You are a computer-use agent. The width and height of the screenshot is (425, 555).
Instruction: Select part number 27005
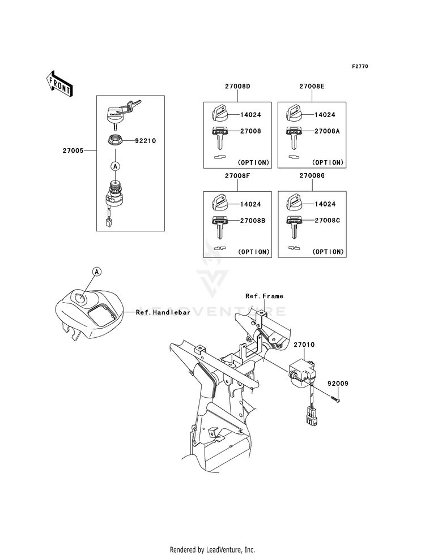(74, 151)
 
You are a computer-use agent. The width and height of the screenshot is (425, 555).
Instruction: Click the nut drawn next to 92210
(116, 140)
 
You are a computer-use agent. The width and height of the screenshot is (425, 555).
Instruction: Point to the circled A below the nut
(115, 166)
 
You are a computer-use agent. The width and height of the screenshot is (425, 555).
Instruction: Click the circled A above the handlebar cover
(97, 272)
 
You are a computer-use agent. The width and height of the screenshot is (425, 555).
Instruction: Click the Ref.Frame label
(264, 296)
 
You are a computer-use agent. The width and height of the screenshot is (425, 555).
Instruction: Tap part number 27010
(304, 344)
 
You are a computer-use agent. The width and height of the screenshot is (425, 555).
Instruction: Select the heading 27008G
(312, 176)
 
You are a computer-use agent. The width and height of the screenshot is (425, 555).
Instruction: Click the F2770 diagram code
(360, 67)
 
